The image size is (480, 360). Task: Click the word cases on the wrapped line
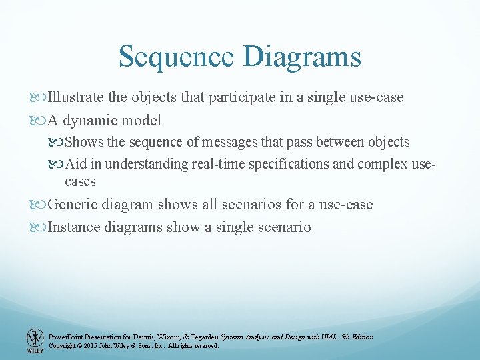tap(80, 181)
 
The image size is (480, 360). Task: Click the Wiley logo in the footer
tap(34, 340)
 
